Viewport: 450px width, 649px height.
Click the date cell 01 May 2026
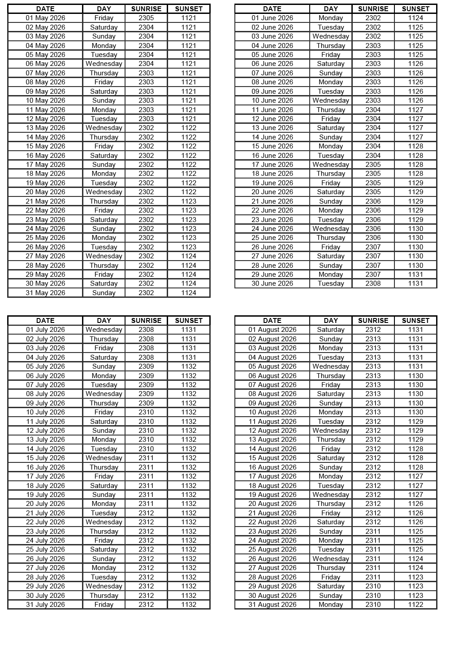[x=45, y=18]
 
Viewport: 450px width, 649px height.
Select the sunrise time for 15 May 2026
[x=146, y=146]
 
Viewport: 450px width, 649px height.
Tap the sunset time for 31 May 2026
[x=189, y=293]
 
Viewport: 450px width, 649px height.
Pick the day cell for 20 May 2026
[x=104, y=192]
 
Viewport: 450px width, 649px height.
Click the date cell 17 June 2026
[x=272, y=165]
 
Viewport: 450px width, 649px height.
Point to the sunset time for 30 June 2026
[x=415, y=283]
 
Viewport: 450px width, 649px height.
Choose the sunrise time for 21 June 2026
[x=373, y=201]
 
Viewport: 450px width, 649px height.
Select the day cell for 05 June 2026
[x=331, y=55]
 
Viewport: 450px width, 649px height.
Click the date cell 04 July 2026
[x=45, y=357]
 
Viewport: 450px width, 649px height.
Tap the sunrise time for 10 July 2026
[x=146, y=412]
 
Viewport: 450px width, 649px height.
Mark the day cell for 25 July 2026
[x=104, y=549]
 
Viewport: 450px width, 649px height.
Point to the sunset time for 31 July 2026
[x=189, y=605]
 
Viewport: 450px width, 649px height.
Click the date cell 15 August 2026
[x=272, y=458]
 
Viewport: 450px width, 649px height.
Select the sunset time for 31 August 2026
[x=415, y=605]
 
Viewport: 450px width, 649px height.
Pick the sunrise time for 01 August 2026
[x=373, y=330]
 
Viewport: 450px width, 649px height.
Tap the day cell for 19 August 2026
[x=331, y=495]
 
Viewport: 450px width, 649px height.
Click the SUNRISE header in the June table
[x=373, y=9]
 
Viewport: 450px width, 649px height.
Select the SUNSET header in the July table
[x=189, y=321]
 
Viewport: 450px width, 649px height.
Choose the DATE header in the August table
[x=272, y=321]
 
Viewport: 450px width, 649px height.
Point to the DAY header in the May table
[x=104, y=9]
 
